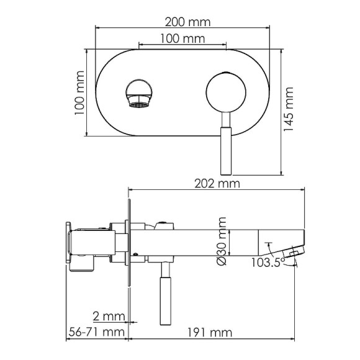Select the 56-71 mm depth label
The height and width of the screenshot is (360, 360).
pyautogui.click(x=95, y=333)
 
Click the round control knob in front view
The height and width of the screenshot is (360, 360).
pyautogui.click(x=224, y=93)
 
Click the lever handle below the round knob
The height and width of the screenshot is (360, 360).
pyautogui.click(x=225, y=149)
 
